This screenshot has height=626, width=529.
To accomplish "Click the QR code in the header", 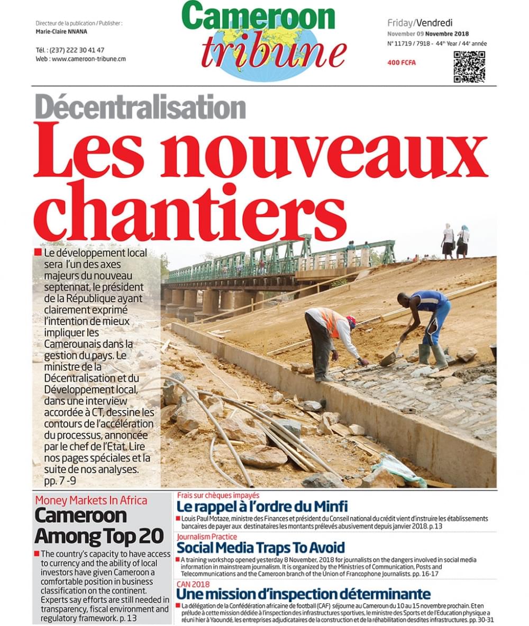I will point(469,67).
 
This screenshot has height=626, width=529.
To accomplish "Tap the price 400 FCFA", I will point(402,62).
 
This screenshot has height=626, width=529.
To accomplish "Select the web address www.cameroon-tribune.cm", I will point(88,59).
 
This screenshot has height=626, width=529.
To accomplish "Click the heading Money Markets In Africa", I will point(91,500).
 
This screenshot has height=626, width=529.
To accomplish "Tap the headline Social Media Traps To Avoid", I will point(260,547).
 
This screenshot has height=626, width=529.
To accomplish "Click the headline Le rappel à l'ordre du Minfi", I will point(262,506).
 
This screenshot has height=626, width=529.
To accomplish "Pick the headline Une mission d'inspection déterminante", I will point(303,593).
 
